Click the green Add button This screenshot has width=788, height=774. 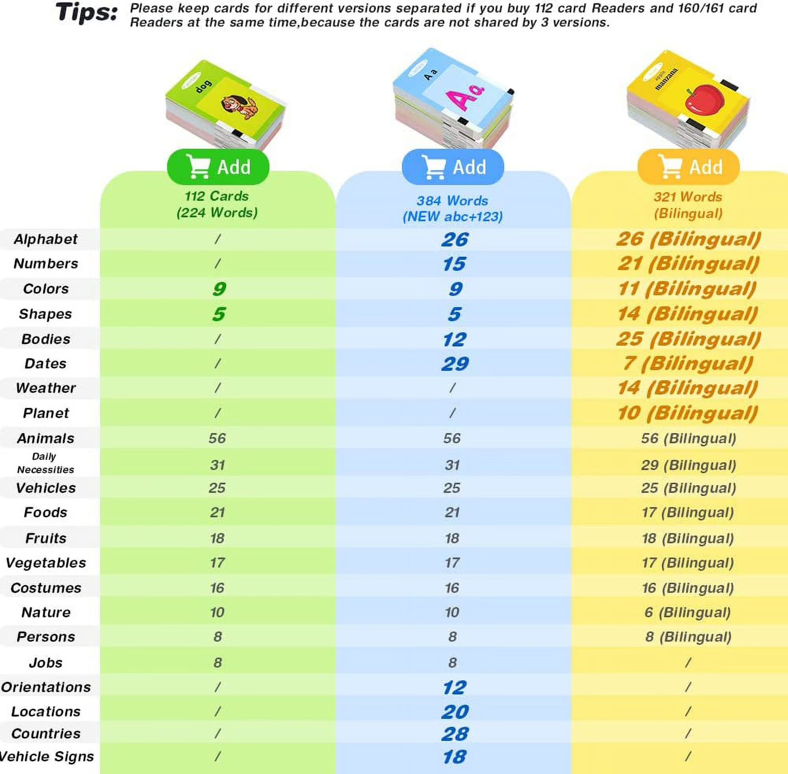pyautogui.click(x=218, y=167)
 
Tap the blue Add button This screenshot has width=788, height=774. pyautogui.click(x=453, y=167)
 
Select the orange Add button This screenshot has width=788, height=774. pyautogui.click(x=689, y=167)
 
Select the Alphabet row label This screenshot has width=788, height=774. pyautogui.click(x=46, y=239)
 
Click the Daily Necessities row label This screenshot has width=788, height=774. pyautogui.click(x=45, y=463)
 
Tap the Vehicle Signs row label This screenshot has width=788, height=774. pyautogui.click(x=47, y=756)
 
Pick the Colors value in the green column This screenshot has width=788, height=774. pyautogui.click(x=219, y=288)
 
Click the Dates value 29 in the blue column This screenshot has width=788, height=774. pyautogui.click(x=455, y=364)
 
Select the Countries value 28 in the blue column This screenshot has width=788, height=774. pyautogui.click(x=455, y=734)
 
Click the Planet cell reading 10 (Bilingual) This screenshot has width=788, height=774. pyautogui.click(x=688, y=413)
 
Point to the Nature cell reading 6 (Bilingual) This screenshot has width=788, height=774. pyautogui.click(x=688, y=612)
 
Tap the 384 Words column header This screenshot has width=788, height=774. pyautogui.click(x=453, y=208)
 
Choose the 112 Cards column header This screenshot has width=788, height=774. pyautogui.click(x=217, y=204)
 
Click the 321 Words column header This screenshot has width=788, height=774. pyautogui.click(x=688, y=205)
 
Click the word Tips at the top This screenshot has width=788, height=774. pyautogui.click(x=87, y=12)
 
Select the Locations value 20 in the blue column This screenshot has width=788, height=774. pyautogui.click(x=455, y=712)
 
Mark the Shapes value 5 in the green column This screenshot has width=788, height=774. pyautogui.click(x=219, y=314)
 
